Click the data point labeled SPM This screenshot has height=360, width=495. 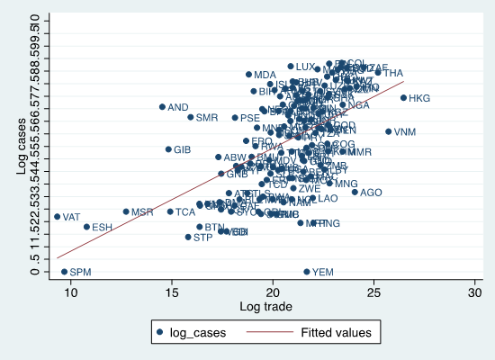tap(64, 272)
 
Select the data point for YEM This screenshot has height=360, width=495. tap(307, 272)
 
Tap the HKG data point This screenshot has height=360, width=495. tap(404, 98)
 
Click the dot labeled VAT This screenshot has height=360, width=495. tap(57, 217)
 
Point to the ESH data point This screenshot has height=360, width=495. tap(86, 227)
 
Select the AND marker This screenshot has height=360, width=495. tap(162, 107)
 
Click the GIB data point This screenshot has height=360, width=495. tap(168, 149)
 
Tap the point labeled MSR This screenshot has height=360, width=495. tap(126, 212)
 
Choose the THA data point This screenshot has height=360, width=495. tap(378, 73)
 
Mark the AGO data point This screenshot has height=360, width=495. tap(355, 192)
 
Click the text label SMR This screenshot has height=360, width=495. tap(207, 118)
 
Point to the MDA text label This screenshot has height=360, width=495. tap(265, 75)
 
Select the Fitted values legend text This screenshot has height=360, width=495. tap(334, 333)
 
